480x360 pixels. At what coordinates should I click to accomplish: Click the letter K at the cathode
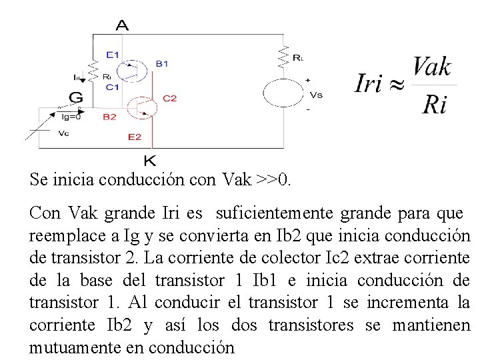click(151, 161)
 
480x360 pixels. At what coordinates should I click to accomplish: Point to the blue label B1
click(162, 63)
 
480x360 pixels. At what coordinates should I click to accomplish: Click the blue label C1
click(111, 86)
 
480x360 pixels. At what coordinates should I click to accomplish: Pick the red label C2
click(169, 98)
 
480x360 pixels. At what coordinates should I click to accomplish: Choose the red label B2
click(109, 117)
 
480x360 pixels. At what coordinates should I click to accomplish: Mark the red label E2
click(134, 137)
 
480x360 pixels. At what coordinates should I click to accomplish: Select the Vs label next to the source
click(317, 95)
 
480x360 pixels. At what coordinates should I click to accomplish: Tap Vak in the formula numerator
click(431, 68)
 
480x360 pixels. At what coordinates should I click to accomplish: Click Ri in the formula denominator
click(434, 105)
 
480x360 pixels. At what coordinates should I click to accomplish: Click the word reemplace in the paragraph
click(65, 237)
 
